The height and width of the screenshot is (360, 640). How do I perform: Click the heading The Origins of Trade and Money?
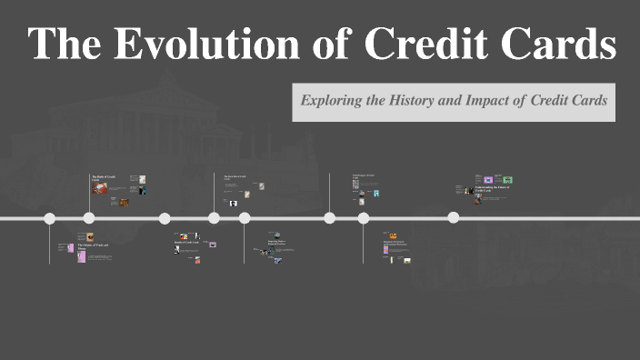tap(92, 246)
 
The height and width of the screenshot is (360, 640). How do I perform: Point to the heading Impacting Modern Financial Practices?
tap(281, 244)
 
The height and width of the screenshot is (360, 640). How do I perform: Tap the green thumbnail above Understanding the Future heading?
tap(508, 180)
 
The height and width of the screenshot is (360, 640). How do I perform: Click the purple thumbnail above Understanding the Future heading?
tap(488, 180)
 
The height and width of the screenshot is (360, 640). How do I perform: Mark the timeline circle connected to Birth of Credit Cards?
tap(89, 218)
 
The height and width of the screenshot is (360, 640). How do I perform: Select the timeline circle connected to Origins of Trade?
tap(50, 218)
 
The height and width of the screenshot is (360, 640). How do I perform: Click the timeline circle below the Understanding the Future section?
tap(453, 218)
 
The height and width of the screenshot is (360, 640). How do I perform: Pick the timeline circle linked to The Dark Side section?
tap(214, 218)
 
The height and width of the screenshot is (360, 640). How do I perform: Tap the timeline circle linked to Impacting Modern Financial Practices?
tap(245, 218)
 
